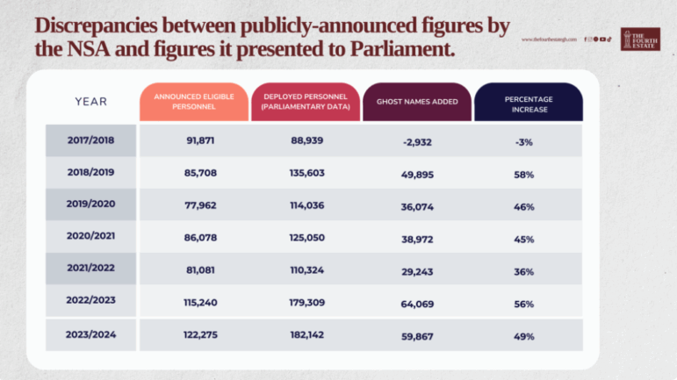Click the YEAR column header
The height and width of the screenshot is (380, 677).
click(90, 102)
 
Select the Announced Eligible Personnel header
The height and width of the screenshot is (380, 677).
click(194, 102)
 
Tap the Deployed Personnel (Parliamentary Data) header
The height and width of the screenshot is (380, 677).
click(305, 102)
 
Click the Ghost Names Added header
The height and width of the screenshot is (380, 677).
click(417, 102)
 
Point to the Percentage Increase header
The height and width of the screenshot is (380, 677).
click(529, 102)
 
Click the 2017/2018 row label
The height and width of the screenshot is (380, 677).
click(90, 140)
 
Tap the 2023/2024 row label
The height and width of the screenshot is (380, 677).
click(90, 334)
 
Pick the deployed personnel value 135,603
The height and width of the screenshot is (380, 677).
click(305, 173)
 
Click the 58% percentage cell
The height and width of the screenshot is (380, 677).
click(524, 174)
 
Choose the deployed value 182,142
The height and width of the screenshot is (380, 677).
click(305, 334)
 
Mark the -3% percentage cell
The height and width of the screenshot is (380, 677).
click(524, 140)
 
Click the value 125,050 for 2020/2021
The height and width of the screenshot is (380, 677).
click(305, 238)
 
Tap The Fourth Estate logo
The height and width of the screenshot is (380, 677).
click(640, 39)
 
